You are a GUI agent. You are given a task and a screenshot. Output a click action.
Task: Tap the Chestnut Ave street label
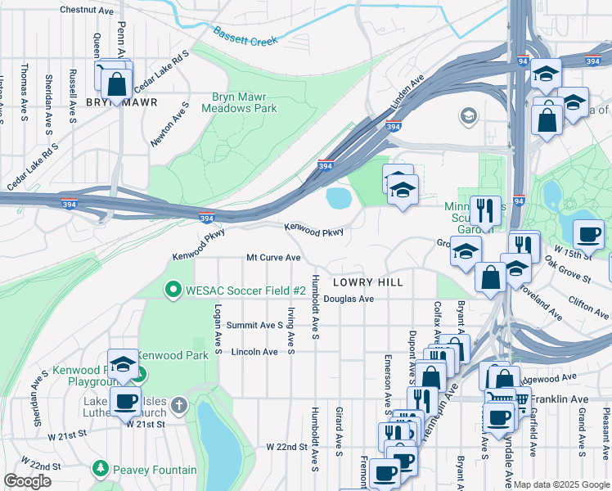[x=87, y=11]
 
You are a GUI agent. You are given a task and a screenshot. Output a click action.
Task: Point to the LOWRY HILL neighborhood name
[x=367, y=282]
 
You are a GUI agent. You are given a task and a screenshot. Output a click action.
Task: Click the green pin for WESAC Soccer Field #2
[x=173, y=289]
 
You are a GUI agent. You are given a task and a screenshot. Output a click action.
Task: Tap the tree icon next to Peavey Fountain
[x=101, y=469]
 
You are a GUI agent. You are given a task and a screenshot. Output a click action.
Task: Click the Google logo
[x=27, y=480]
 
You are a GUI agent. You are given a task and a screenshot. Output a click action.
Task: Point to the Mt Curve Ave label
[x=274, y=258]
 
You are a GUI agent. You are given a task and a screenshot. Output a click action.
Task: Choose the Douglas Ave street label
[x=349, y=300]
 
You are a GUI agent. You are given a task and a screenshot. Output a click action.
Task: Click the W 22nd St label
[x=286, y=447]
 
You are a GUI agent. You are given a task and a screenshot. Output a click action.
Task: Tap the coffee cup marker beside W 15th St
[x=587, y=234]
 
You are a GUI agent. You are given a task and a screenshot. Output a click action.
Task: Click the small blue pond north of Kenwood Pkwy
[x=338, y=198]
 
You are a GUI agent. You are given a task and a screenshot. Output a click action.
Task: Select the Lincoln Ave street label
[x=254, y=352]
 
